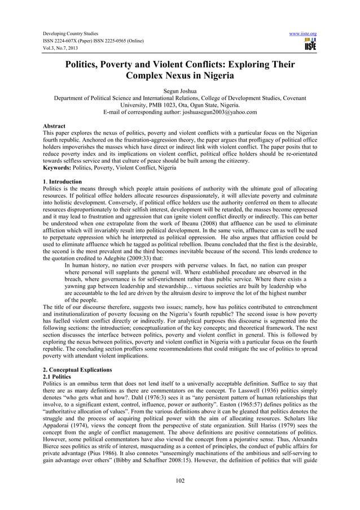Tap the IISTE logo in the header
coord(309,45)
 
